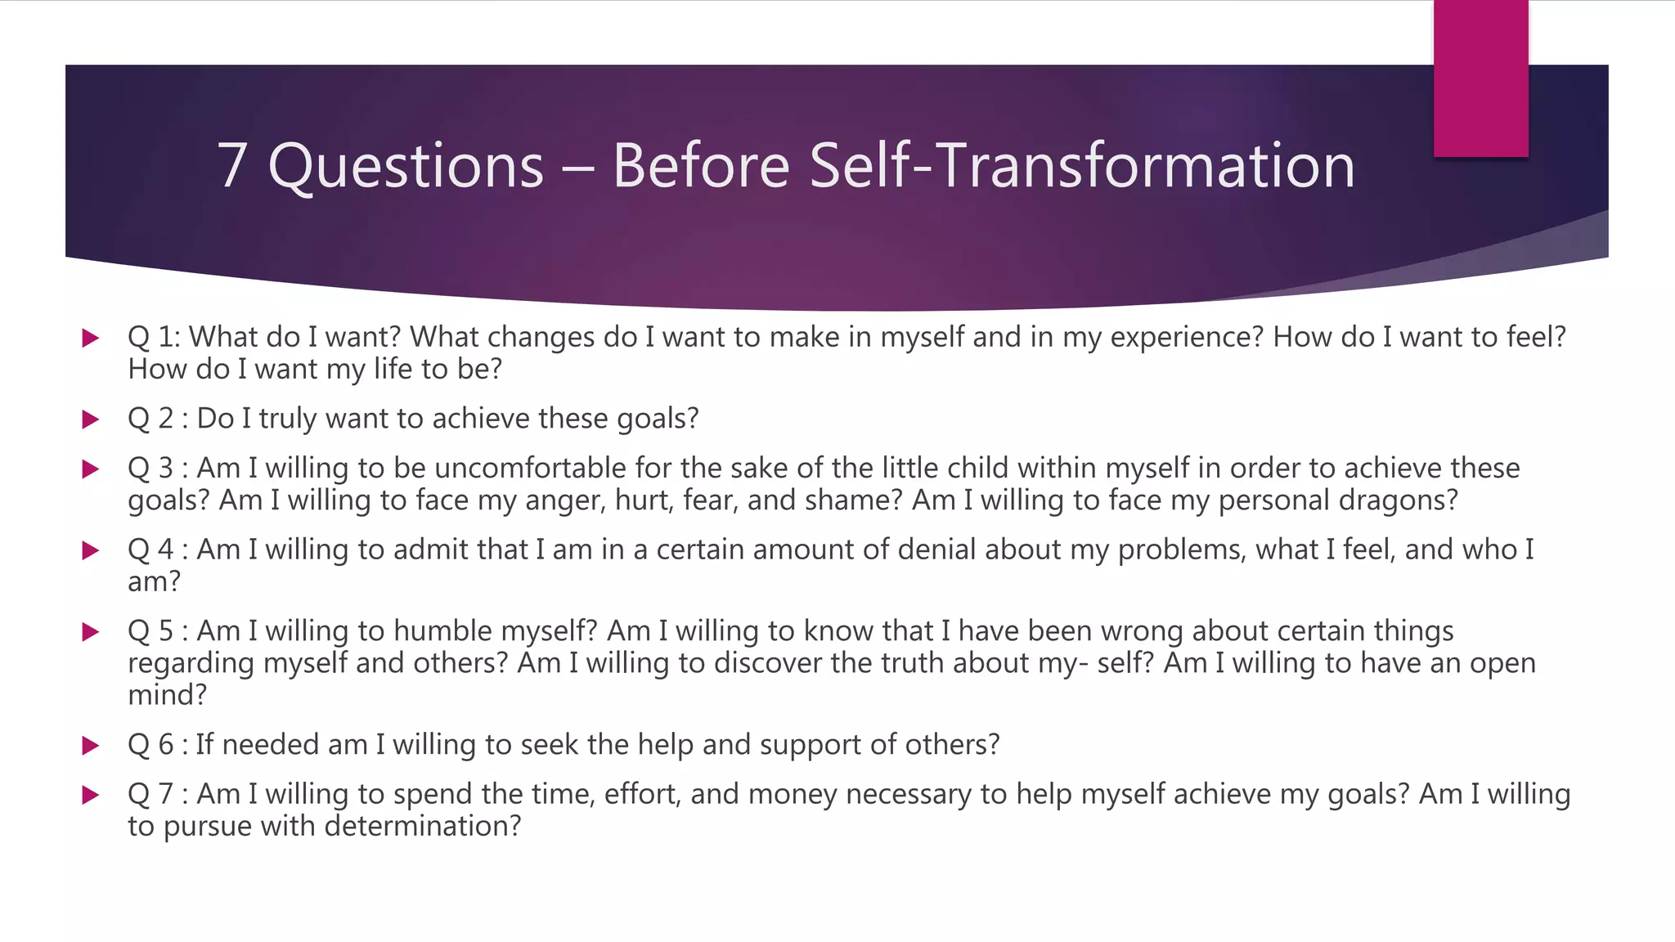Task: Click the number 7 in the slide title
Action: coord(232,166)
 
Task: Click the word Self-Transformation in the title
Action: coord(1081,166)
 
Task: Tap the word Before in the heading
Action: coord(701,166)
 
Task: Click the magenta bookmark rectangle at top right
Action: coord(1480,78)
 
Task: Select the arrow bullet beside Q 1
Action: coord(91,338)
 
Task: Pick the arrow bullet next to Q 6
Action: coord(91,745)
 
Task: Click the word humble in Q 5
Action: coord(442,630)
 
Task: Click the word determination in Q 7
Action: coord(422,826)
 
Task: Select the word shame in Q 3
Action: coord(852,500)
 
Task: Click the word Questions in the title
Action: coord(406,166)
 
